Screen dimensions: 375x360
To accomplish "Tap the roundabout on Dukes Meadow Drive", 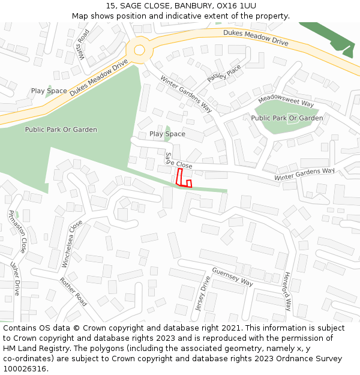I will tap(140, 49).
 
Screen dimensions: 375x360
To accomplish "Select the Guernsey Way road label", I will tap(232, 277).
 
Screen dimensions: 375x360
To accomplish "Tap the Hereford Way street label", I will tap(287, 292).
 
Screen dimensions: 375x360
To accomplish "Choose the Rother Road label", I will tap(73, 292).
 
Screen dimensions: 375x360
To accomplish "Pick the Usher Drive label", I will tap(16, 278).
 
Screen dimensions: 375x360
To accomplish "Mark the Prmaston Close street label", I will tap(17, 231).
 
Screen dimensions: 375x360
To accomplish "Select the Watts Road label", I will tap(83, 45).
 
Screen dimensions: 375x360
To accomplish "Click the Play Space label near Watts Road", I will tap(49, 91).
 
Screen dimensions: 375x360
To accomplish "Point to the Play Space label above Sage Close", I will tap(167, 134).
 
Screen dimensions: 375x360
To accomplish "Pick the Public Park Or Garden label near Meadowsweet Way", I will tap(287, 118).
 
